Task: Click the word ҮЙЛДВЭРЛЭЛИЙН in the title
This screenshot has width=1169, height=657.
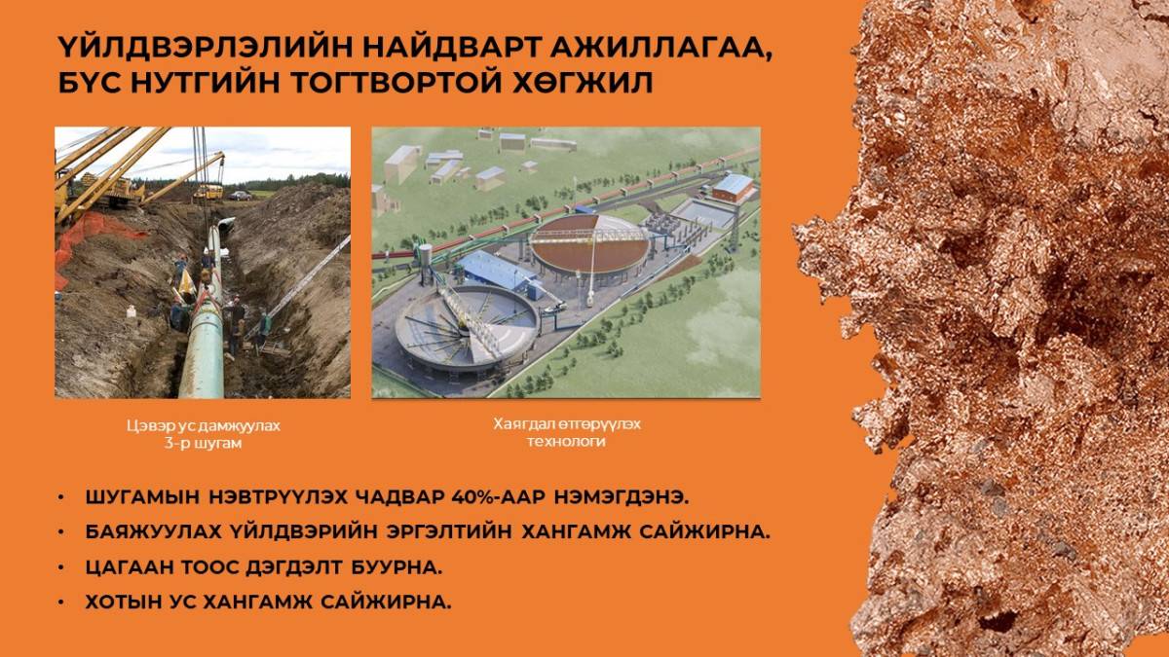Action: tap(204, 48)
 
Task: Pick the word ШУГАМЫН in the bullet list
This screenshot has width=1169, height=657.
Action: tap(142, 497)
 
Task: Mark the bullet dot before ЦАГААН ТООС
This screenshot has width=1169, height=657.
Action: tap(61, 566)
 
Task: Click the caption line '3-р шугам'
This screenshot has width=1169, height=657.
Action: tap(203, 444)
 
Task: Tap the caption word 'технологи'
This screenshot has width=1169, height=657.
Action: tap(566, 442)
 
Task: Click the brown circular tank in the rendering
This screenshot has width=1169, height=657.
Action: tap(589, 246)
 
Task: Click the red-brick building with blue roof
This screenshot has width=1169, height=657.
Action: tap(734, 188)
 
